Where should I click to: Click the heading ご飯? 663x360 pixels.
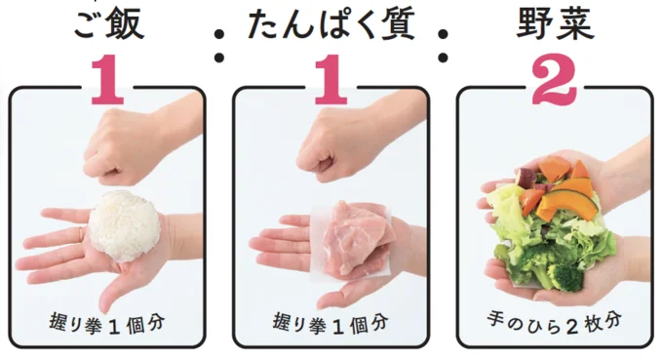pyautogui.click(x=109, y=23)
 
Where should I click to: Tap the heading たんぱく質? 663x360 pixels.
pyautogui.click(x=331, y=23)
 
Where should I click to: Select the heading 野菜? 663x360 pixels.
pyautogui.click(x=555, y=23)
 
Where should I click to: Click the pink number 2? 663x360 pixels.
pyautogui.click(x=555, y=80)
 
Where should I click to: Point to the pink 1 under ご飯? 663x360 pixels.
pyautogui.click(x=107, y=80)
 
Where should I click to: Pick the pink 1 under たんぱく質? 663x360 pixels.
pyautogui.click(x=331, y=80)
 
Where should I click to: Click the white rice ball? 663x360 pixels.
pyautogui.click(x=125, y=225)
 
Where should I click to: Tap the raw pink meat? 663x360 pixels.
pyautogui.click(x=355, y=238)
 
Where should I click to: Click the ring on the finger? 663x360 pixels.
pyautogui.click(x=81, y=233)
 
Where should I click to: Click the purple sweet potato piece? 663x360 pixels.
pyautogui.click(x=526, y=178)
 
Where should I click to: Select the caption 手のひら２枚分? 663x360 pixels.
pyautogui.click(x=555, y=322)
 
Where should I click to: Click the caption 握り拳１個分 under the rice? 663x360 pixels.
pyautogui.click(x=107, y=324)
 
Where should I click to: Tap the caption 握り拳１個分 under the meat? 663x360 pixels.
pyautogui.click(x=331, y=324)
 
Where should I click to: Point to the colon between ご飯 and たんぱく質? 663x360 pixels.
pyautogui.click(x=219, y=45)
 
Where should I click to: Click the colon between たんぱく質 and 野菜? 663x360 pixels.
pyautogui.click(x=443, y=45)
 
